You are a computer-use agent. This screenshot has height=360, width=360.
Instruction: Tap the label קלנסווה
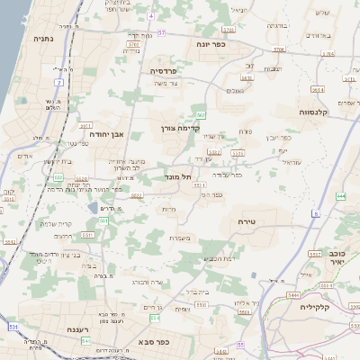tap(319, 113)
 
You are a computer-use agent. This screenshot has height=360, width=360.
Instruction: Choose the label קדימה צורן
tap(180, 129)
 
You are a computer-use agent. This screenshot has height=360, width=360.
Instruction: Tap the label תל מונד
tap(181, 178)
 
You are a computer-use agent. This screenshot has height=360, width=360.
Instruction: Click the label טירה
tap(249, 221)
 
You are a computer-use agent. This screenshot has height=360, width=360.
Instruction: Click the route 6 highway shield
tap(317, 213)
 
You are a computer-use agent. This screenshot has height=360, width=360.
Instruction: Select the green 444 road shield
tap(340, 195)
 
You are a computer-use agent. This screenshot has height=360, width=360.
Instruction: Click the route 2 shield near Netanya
tap(59, 82)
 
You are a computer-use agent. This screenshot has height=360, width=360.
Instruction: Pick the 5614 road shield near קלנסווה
tap(318, 90)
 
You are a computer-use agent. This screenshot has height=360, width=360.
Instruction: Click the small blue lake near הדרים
tap(94, 209)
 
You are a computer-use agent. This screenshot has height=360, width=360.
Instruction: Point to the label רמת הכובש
tap(220, 257)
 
